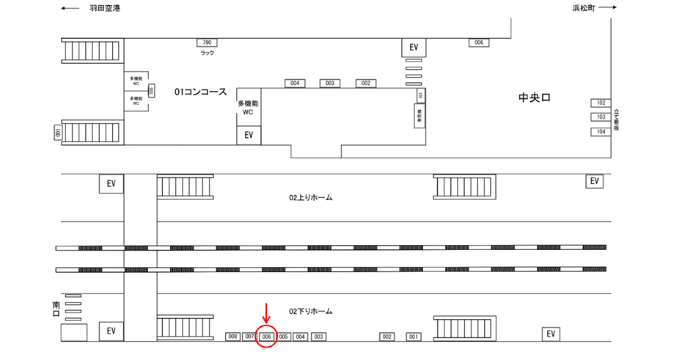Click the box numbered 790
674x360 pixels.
pyautogui.click(x=207, y=43)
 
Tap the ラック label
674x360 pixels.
pyautogui.click(x=207, y=54)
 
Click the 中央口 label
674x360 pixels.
pyautogui.click(x=534, y=98)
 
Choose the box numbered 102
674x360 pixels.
pyautogui.click(x=601, y=103)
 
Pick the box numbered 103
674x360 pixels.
pyautogui.click(x=601, y=117)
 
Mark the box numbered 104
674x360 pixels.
pyautogui.click(x=601, y=132)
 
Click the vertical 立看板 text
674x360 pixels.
pyautogui.click(x=618, y=117)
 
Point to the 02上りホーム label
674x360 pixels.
pyautogui.click(x=310, y=198)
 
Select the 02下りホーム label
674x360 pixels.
pyautogui.click(x=310, y=312)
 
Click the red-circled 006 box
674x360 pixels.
pyautogui.click(x=267, y=337)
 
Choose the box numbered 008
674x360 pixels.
pyautogui.click(x=233, y=337)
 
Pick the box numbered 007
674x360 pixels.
pyautogui.click(x=250, y=337)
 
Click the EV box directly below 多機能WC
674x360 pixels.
pyautogui.click(x=249, y=136)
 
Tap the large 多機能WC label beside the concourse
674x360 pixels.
pyautogui.click(x=248, y=109)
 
